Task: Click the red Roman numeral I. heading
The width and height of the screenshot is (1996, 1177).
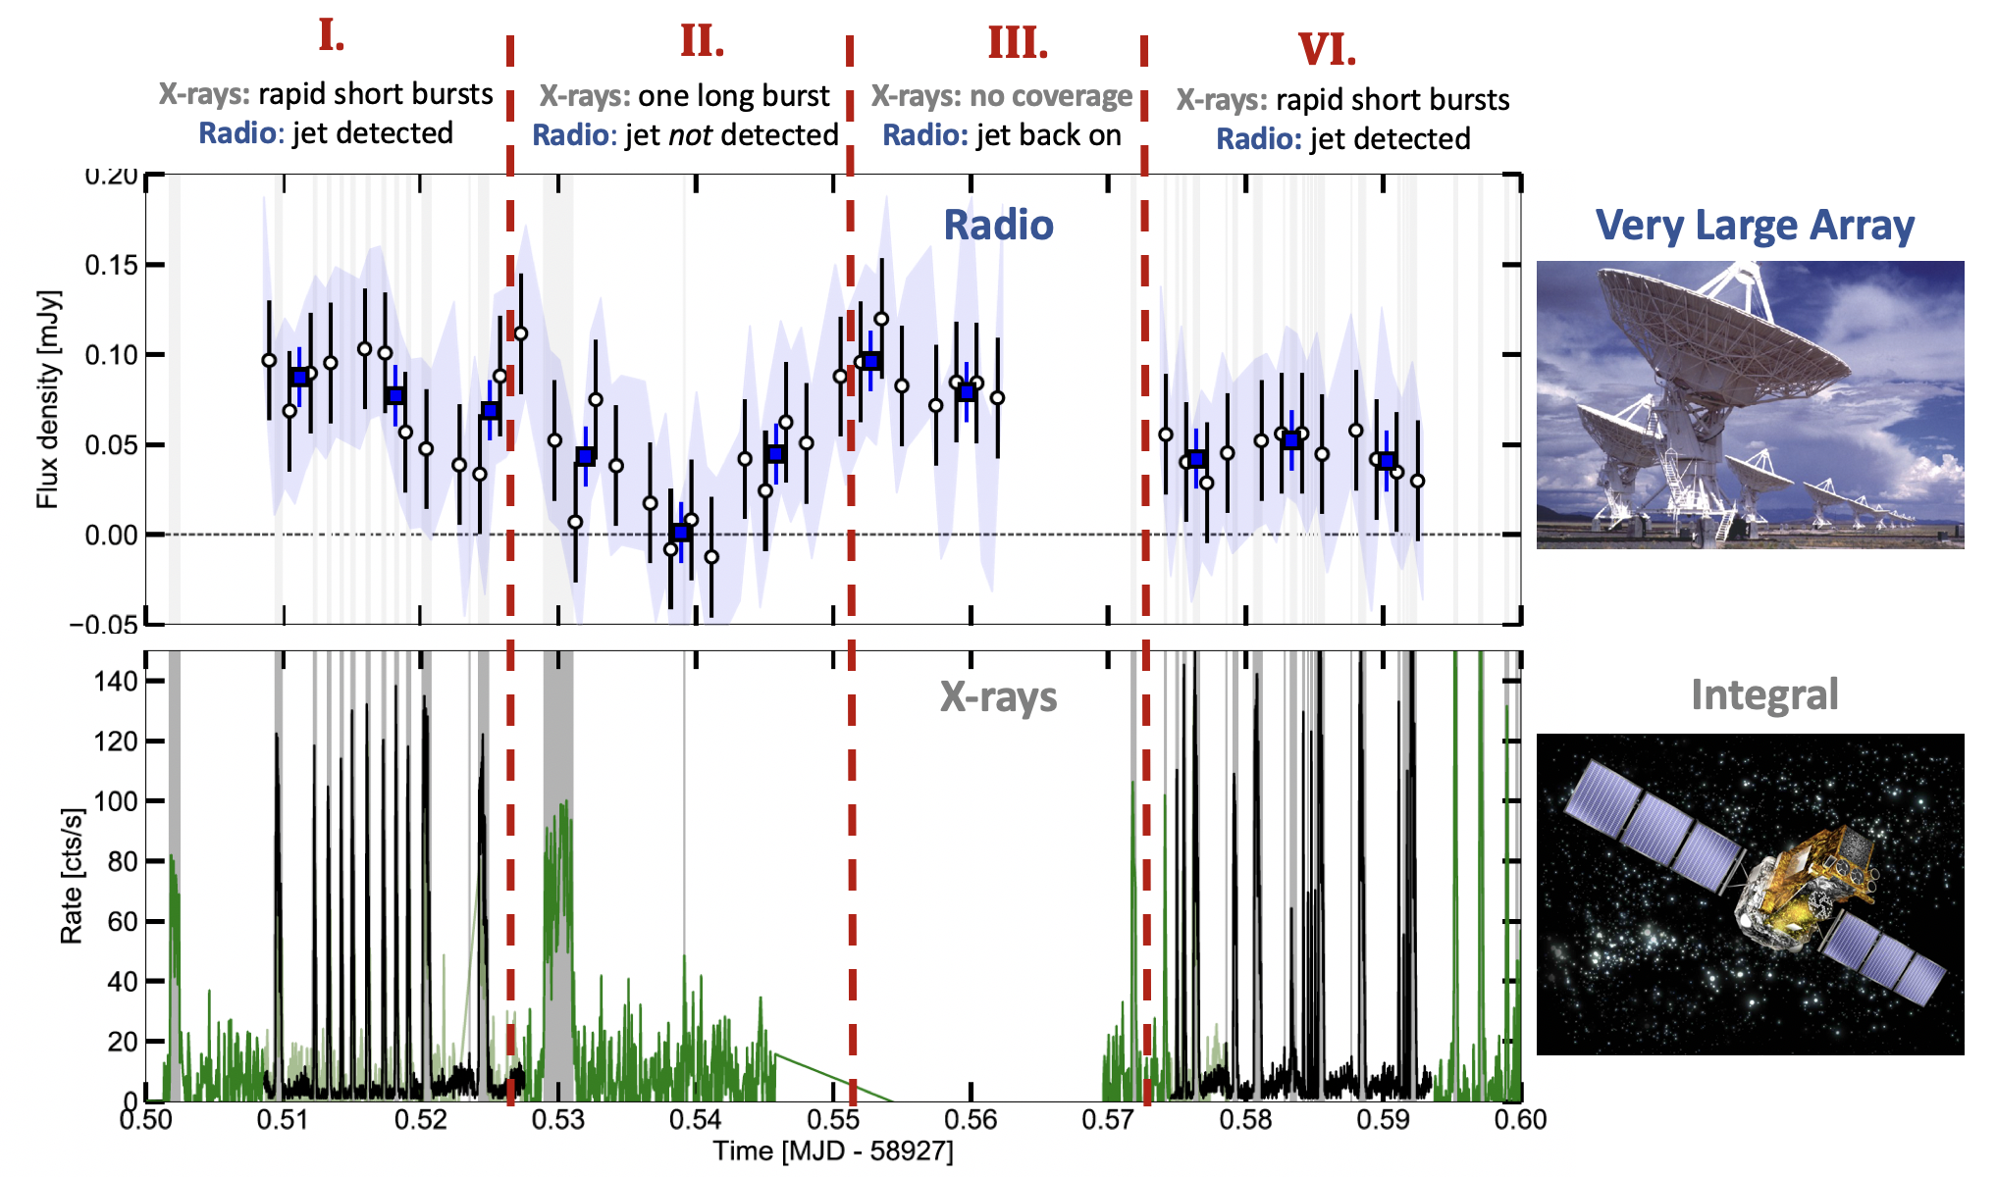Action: pyautogui.click(x=332, y=36)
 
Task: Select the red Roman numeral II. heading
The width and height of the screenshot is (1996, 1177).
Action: pyautogui.click(x=703, y=42)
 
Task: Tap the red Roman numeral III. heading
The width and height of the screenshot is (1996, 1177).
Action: pyautogui.click(x=1018, y=44)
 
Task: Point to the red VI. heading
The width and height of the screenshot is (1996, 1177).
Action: pyautogui.click(x=1327, y=50)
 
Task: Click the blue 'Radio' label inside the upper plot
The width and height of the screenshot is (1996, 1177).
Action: pyautogui.click(x=998, y=226)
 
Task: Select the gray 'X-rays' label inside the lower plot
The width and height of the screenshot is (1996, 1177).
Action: pyautogui.click(x=998, y=697)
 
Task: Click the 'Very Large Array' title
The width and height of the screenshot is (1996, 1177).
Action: pyautogui.click(x=1755, y=226)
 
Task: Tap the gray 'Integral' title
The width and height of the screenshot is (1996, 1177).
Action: pyautogui.click(x=1763, y=695)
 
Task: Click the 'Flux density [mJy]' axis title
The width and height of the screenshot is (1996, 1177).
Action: pyautogui.click(x=48, y=399)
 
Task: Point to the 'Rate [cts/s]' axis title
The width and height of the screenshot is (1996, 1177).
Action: pyautogui.click(x=72, y=876)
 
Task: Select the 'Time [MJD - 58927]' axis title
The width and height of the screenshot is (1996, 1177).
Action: pyautogui.click(x=832, y=1151)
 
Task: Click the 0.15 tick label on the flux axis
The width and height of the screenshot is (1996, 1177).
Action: pyautogui.click(x=111, y=266)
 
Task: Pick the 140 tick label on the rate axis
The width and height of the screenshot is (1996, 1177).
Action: pyautogui.click(x=116, y=682)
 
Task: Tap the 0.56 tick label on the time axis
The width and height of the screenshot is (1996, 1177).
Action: pyautogui.click(x=971, y=1120)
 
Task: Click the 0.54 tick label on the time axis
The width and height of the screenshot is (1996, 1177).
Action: pyautogui.click(x=696, y=1120)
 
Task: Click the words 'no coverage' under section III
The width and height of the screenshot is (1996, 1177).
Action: pyautogui.click(x=1051, y=96)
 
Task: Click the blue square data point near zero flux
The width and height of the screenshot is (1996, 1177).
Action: pyautogui.click(x=681, y=533)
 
